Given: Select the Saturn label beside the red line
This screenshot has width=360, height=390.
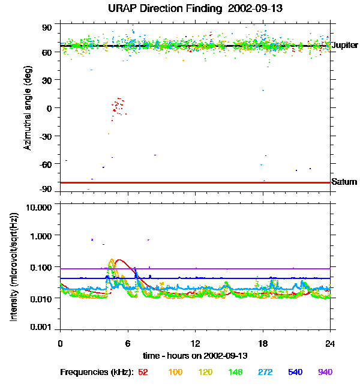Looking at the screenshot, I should point(344,182).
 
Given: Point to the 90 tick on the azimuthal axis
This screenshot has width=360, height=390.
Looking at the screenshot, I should point(47,27).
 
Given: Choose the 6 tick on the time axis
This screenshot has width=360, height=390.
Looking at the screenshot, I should point(128,344).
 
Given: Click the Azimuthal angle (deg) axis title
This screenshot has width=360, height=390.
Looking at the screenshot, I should point(28,108).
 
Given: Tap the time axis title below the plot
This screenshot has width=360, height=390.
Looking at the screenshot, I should point(195,356).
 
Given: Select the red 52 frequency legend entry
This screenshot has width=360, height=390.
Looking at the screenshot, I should point(143,373).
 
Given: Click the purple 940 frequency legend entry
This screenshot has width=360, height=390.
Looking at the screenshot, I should point(325,373).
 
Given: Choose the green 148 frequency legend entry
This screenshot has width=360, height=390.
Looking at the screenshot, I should point(235,373).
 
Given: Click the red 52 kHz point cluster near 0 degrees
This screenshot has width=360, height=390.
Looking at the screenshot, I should point(118,107).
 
